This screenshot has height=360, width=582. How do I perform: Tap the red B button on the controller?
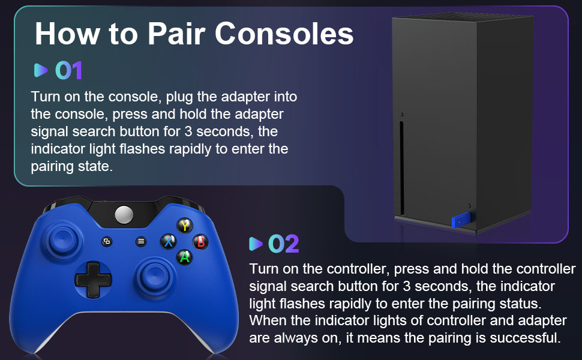200,242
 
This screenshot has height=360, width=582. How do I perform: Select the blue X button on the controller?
168,242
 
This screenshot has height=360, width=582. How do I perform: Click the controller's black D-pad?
92,278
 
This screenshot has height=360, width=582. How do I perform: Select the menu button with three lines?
141,241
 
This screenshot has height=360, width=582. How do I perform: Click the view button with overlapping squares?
107,242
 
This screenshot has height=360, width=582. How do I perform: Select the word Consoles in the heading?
284,34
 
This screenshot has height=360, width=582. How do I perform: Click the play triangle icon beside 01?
40,71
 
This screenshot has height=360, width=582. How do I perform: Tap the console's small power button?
402,114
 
